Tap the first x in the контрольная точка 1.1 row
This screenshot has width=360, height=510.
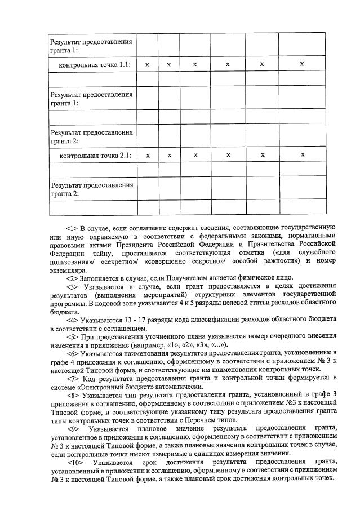pos(147,65)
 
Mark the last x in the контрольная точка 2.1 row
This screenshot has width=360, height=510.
pos(303,154)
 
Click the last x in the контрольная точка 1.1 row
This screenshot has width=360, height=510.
pos(302,64)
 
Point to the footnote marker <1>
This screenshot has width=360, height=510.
pos(72,228)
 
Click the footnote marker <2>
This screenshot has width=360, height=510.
pos(72,277)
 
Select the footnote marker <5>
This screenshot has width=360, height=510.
pos(72,336)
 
